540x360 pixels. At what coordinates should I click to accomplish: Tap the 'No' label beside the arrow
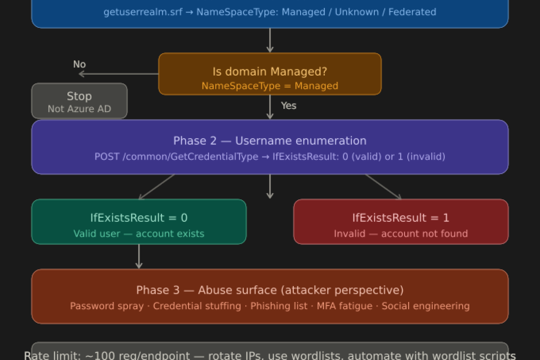(79, 64)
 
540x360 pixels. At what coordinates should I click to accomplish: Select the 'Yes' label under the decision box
(288, 105)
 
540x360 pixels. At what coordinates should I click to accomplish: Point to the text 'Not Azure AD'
(79, 109)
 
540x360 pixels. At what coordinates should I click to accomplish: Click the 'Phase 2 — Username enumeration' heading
(270, 141)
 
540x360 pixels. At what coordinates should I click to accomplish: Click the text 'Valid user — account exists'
(139, 234)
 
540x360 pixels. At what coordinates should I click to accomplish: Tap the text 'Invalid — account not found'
(400, 234)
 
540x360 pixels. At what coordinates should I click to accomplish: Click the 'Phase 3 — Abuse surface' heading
(270, 290)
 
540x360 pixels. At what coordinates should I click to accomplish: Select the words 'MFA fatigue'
(344, 306)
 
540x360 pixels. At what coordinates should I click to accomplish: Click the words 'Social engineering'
(425, 306)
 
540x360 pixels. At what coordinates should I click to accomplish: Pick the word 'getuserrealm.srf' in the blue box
(143, 12)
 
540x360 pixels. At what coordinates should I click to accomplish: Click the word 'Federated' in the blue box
(412, 12)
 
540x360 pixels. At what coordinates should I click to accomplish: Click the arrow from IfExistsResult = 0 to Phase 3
(139, 256)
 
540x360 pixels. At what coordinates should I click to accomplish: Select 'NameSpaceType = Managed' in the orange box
(270, 85)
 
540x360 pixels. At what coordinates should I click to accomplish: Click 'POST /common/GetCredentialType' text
(176, 157)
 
